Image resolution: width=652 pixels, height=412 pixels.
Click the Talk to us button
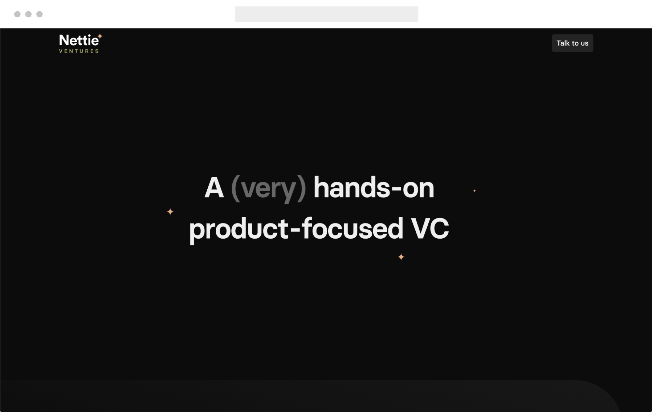coord(572,43)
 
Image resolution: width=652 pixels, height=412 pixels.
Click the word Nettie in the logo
coord(79,41)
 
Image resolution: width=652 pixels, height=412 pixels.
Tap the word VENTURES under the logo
coord(79,51)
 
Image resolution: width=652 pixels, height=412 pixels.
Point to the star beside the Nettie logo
coord(100,36)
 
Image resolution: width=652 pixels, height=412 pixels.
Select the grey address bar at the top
coord(326,14)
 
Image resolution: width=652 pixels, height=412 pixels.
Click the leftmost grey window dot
coord(17,14)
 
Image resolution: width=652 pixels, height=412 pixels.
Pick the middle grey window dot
coord(28,14)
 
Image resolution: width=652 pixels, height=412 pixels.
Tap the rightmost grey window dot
coord(39,14)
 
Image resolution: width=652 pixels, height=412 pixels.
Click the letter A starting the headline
coord(214,188)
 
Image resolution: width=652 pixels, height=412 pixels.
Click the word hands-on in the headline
coord(374,188)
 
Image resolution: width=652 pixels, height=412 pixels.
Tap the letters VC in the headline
coord(430,228)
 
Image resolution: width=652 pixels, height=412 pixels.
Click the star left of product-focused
coord(170,212)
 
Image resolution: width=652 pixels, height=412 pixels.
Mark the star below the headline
coord(401,257)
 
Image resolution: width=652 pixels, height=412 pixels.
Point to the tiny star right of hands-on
coord(474,191)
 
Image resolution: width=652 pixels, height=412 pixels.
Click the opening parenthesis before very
coord(235,188)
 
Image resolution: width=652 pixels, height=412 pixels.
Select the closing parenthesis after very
coord(302,188)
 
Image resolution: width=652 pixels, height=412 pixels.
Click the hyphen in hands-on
coord(396,189)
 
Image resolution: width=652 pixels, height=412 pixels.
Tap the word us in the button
coord(584,43)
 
